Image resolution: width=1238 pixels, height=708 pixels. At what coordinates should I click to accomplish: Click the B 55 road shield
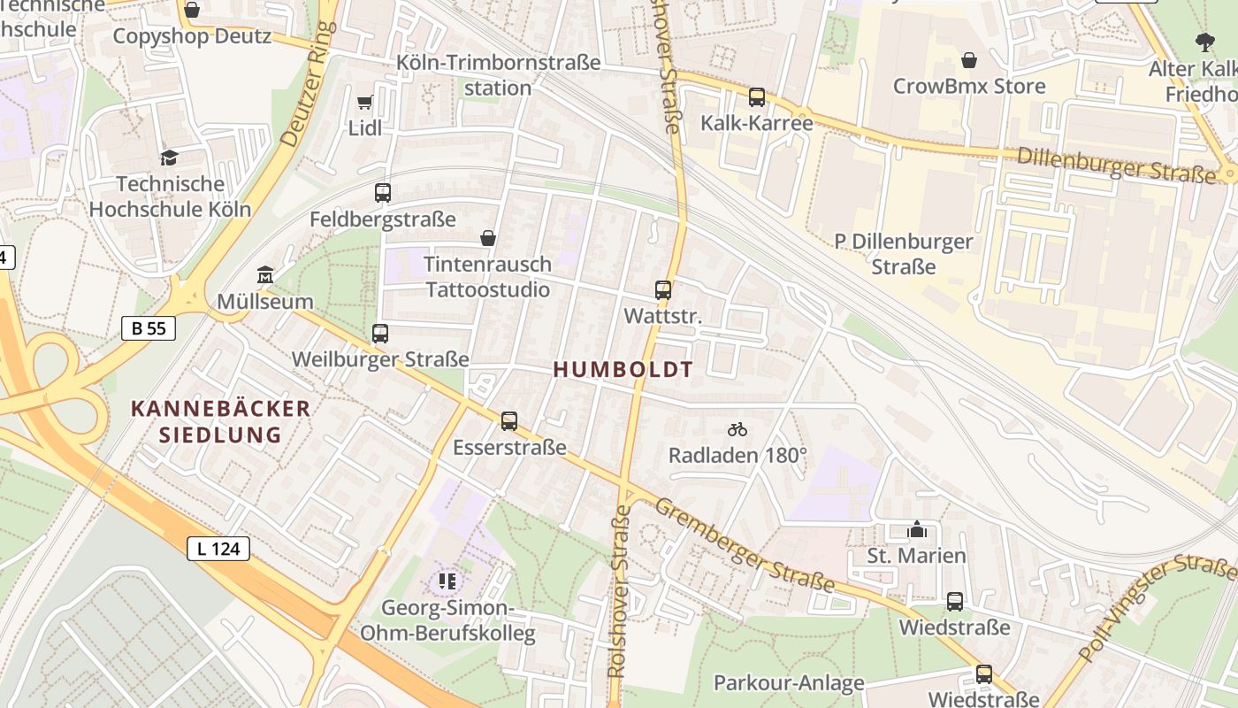[149, 328]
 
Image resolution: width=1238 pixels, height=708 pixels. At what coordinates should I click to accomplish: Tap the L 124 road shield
[218, 549]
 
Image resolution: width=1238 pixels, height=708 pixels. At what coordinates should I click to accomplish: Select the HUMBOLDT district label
[623, 370]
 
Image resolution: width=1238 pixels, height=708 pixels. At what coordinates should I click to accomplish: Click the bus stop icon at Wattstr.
[663, 289]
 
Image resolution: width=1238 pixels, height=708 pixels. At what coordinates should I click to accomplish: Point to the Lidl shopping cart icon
[364, 103]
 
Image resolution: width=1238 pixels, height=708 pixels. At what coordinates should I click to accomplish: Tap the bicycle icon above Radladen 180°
[737, 429]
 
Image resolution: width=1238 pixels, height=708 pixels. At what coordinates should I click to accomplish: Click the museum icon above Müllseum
[264, 275]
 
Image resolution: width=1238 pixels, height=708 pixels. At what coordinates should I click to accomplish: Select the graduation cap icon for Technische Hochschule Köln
[169, 158]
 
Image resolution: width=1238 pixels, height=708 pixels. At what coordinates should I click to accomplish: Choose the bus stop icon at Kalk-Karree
[757, 97]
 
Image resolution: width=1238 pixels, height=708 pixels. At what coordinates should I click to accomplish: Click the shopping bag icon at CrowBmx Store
[969, 60]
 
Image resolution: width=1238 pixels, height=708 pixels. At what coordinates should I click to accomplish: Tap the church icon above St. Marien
[917, 529]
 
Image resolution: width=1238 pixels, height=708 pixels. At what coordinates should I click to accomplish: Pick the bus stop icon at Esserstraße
[509, 421]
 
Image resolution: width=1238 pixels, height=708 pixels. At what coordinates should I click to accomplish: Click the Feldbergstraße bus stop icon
[383, 192]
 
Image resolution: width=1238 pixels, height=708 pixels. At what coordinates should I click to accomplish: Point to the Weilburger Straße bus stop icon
[380, 334]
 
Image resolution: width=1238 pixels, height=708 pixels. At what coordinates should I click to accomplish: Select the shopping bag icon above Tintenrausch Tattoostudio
[487, 238]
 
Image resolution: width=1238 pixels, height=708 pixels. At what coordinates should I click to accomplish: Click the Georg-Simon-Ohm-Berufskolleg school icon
[447, 581]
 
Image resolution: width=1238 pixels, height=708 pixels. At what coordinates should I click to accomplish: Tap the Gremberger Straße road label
[745, 544]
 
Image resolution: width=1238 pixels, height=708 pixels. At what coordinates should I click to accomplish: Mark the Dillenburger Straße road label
[1116, 165]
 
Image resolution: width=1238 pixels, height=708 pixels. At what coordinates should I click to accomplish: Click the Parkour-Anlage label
[789, 683]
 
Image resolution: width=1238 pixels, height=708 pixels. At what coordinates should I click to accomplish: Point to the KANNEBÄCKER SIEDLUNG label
[221, 421]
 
